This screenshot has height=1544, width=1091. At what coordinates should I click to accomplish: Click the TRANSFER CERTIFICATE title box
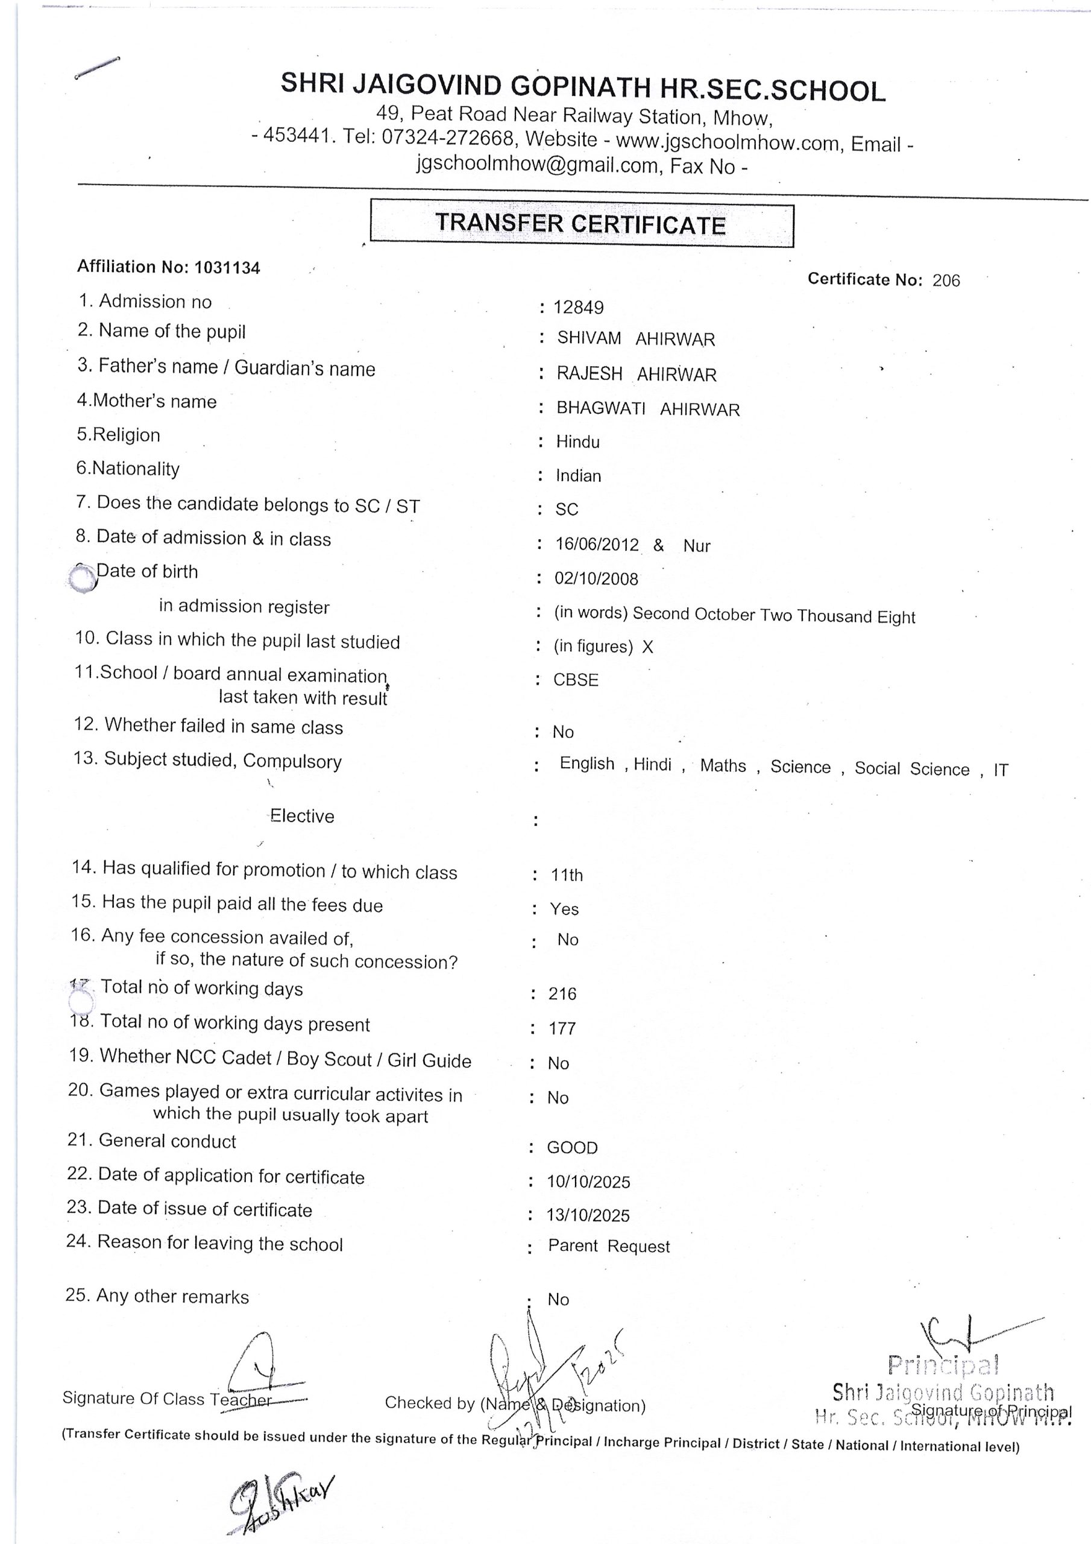point(582,224)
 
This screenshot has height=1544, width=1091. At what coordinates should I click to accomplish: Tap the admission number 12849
point(578,308)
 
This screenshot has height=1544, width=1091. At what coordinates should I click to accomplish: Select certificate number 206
point(946,280)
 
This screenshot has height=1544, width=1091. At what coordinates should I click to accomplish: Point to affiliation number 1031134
point(227,268)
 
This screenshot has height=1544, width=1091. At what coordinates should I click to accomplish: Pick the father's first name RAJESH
point(590,373)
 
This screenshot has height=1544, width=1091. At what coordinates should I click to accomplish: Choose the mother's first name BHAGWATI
point(601,408)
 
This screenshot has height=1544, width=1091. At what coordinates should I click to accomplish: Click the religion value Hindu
point(577,442)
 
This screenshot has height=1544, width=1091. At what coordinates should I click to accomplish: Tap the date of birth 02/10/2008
point(596,578)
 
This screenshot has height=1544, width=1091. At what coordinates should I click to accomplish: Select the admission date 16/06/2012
point(597,544)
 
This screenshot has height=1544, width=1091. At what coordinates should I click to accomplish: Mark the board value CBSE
point(576,680)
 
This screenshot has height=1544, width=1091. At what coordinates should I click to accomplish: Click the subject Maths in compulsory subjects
point(723,765)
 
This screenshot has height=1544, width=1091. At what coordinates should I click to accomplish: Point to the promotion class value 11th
point(567,875)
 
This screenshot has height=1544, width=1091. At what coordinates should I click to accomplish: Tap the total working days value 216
point(562,993)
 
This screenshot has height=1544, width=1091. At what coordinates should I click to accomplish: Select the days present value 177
point(562,1028)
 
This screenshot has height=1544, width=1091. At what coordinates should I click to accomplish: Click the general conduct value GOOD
point(572,1147)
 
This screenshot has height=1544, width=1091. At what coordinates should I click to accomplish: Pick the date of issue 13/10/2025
point(588,1215)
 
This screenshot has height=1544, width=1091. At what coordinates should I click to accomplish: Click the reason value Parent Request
point(609,1246)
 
